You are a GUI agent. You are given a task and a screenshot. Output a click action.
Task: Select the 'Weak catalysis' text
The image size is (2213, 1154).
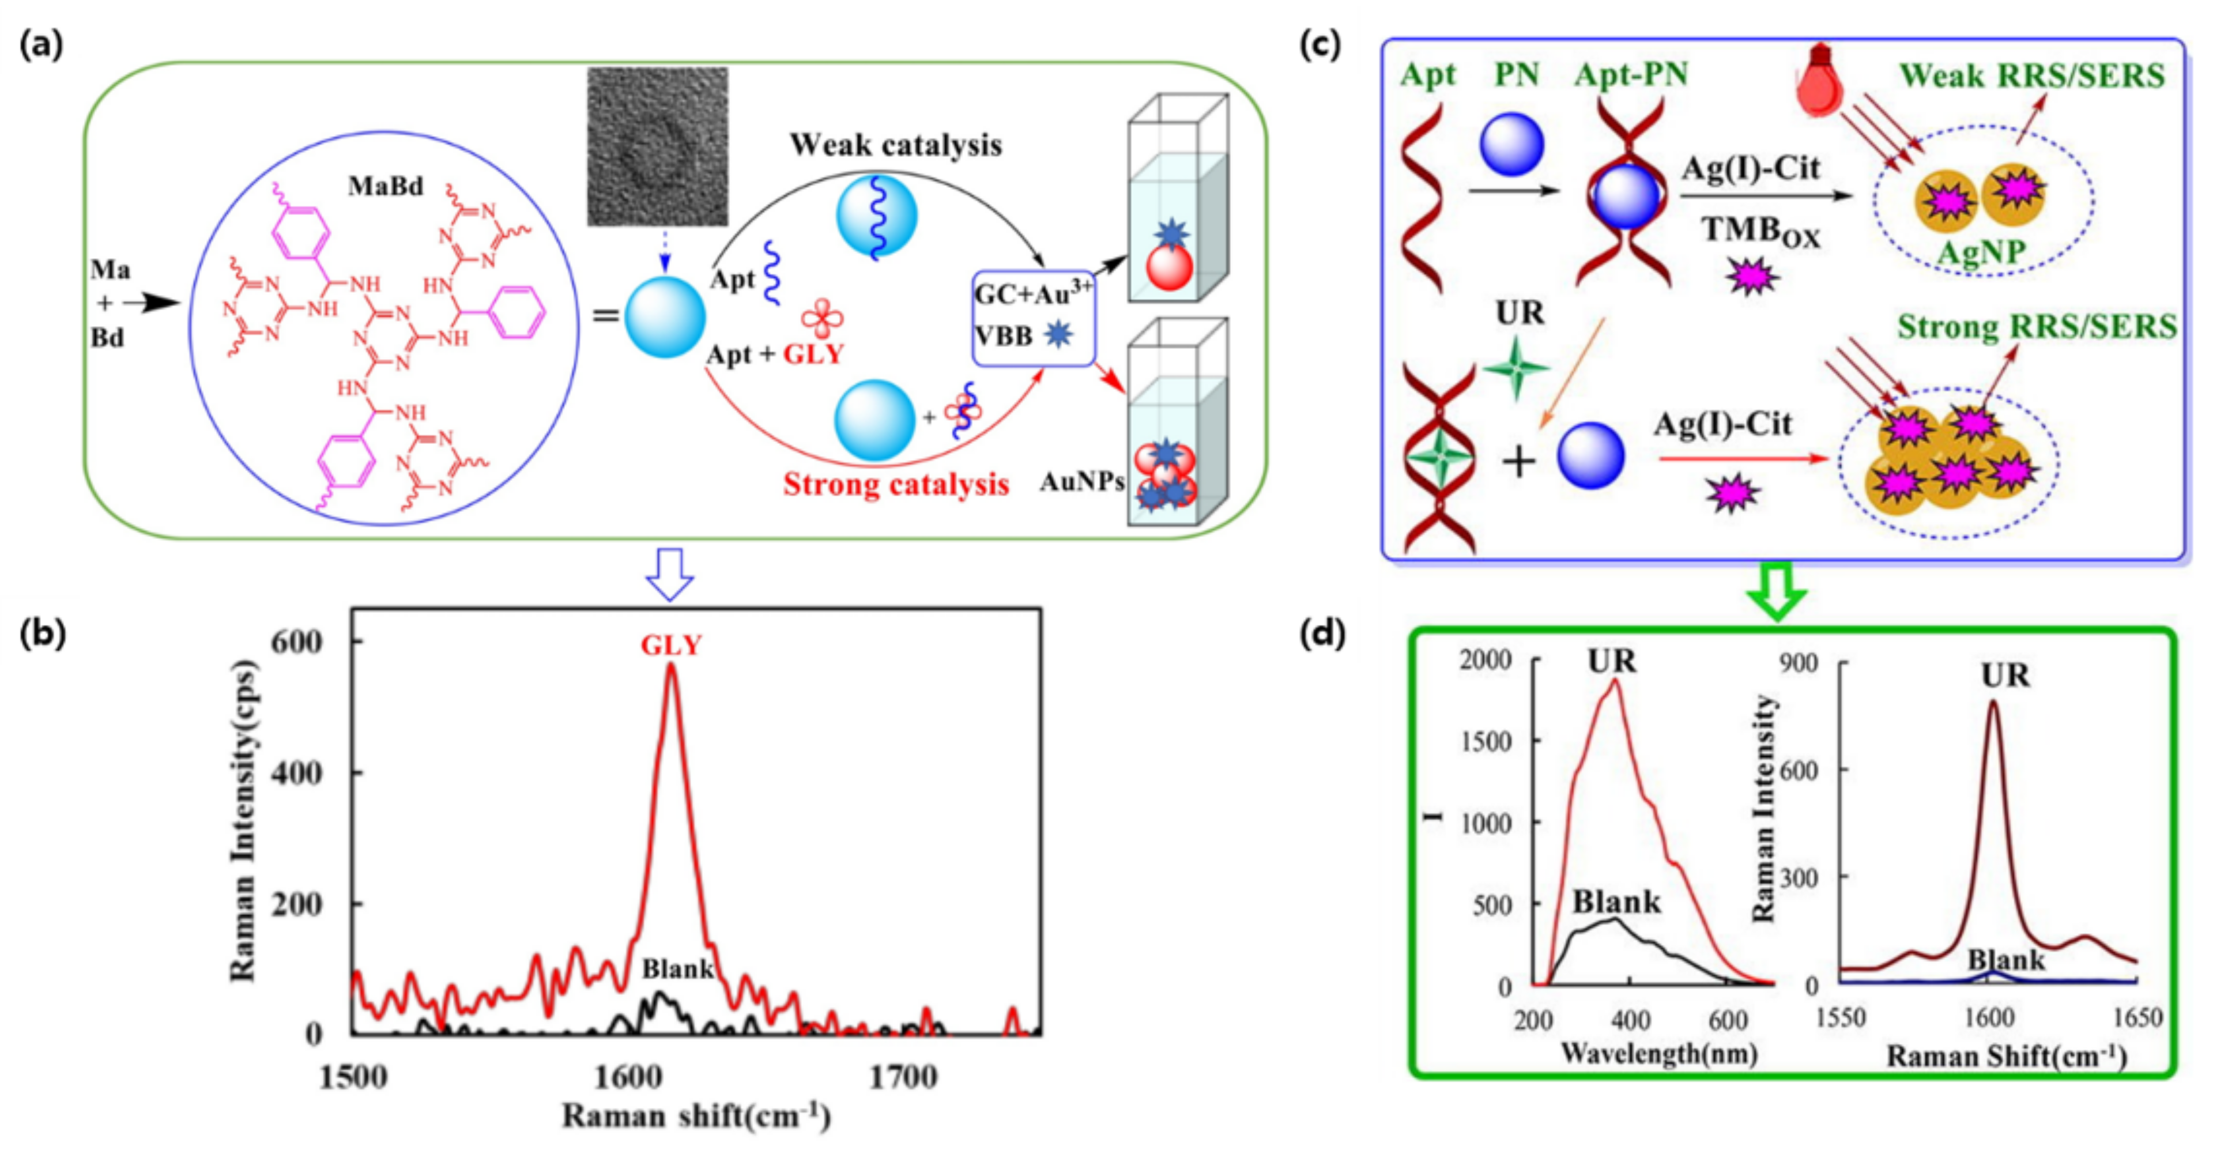895,144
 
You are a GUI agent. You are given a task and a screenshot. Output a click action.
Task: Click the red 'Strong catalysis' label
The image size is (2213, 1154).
895,485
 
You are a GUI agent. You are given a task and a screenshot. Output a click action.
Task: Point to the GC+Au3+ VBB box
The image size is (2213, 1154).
1034,318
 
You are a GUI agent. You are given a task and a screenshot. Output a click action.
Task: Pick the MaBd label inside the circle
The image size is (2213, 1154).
386,186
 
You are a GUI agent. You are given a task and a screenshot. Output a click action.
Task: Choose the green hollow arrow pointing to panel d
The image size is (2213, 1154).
1777,590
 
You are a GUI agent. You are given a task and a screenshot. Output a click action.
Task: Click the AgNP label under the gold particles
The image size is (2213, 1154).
1981,252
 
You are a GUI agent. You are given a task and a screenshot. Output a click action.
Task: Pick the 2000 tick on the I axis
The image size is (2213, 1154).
1486,660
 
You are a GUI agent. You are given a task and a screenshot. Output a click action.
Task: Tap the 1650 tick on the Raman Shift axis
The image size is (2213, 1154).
2136,1018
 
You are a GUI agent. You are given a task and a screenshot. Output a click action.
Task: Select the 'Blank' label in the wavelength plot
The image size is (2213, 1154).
1617,902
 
